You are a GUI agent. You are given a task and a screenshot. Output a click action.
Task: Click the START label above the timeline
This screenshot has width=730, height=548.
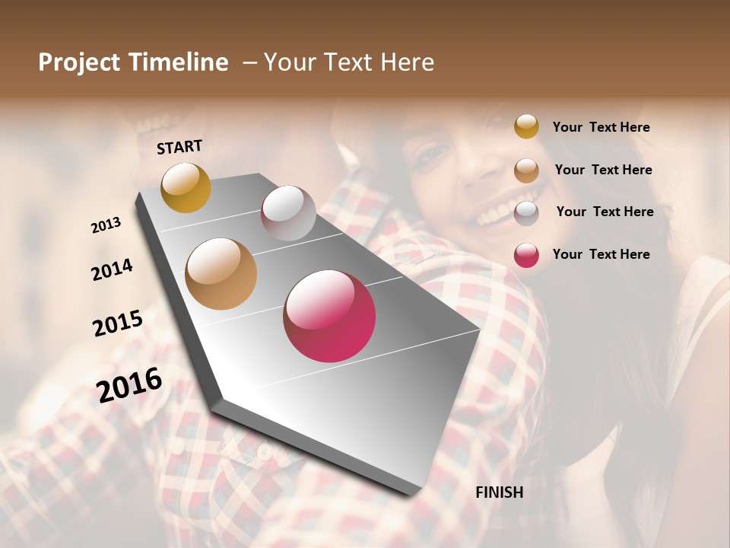[179, 147]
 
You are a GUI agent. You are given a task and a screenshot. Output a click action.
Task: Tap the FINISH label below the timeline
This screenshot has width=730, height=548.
[499, 492]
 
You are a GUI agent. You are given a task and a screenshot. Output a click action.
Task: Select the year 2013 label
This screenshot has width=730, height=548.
[106, 225]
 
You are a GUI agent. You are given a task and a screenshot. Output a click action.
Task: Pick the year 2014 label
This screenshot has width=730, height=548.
[112, 269]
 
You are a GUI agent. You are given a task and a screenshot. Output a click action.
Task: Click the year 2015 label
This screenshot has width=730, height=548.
[118, 323]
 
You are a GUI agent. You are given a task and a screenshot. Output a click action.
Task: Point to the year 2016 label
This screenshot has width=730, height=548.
[129, 384]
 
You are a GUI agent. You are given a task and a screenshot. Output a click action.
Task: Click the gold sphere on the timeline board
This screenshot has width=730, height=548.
[186, 187]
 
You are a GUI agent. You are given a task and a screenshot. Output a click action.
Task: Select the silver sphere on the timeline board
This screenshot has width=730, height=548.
[288, 212]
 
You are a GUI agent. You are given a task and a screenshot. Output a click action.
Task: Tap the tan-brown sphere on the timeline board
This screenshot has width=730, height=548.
[221, 274]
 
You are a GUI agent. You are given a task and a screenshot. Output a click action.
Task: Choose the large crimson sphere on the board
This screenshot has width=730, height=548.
[329, 316]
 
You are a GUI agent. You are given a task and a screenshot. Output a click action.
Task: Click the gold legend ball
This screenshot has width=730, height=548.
[526, 127]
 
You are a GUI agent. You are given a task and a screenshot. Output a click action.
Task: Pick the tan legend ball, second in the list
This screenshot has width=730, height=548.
[526, 170]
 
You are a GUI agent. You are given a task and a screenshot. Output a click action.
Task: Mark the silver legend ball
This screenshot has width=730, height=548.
[526, 212]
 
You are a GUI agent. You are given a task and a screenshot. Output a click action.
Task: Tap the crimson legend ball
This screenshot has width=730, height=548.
[526, 255]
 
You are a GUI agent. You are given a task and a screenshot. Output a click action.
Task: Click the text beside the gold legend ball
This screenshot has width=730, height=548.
[601, 127]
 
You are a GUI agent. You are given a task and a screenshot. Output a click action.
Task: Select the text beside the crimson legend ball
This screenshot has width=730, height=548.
[601, 254]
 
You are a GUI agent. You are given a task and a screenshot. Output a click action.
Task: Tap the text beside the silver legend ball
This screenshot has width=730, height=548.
[605, 212]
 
